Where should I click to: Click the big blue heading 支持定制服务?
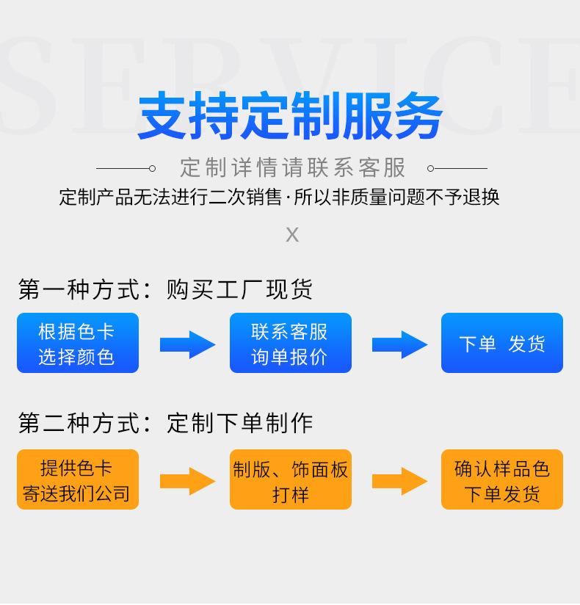(x=291, y=116)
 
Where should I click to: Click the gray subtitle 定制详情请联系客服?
(x=293, y=167)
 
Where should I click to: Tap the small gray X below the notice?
(x=292, y=234)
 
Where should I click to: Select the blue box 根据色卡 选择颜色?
(x=78, y=343)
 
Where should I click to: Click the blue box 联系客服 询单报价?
(x=290, y=343)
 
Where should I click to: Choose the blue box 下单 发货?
(x=501, y=343)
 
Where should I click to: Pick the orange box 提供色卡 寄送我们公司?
(x=78, y=479)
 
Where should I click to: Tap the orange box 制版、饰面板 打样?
(x=290, y=479)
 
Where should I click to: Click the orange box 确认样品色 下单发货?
(x=501, y=479)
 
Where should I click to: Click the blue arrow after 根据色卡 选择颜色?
(x=187, y=344)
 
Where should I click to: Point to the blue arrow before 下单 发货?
(x=399, y=344)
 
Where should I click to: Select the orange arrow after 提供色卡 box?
(x=187, y=481)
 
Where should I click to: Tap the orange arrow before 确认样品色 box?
(x=399, y=481)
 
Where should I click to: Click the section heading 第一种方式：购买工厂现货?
(x=165, y=289)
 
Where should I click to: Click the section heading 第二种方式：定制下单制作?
(x=165, y=423)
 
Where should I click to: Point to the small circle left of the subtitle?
(x=152, y=168)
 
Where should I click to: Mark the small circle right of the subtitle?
(x=431, y=168)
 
